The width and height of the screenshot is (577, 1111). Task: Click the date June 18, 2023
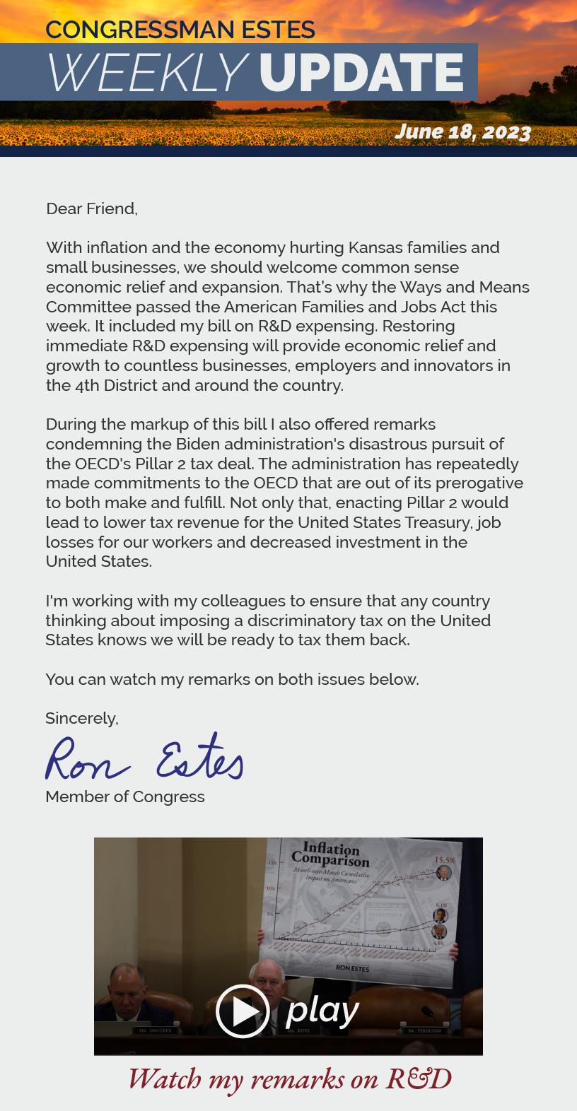(462, 132)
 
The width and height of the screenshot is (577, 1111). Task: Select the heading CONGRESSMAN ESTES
(180, 30)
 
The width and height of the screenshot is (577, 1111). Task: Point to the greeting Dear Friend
(91, 208)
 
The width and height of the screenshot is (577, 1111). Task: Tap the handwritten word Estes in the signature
(200, 758)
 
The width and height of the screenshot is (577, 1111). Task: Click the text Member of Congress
(125, 796)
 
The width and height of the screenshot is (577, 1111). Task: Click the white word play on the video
(322, 1011)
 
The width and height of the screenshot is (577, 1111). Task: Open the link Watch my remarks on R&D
(289, 1079)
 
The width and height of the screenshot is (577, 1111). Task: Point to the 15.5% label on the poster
(445, 860)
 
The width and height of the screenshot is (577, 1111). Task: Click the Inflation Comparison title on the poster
(331, 854)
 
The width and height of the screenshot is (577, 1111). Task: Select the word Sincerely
(81, 718)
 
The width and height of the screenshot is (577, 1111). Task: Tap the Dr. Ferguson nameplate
(424, 1030)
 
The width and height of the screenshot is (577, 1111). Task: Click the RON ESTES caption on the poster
(352, 968)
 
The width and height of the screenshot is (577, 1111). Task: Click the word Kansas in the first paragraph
(377, 247)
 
